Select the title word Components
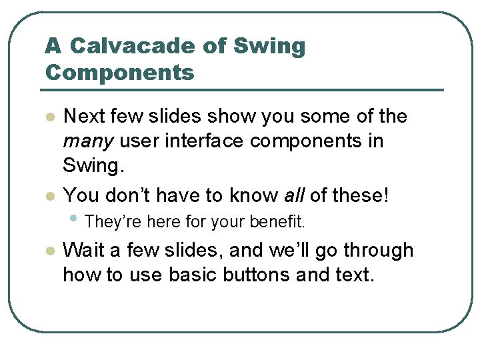click(119, 72)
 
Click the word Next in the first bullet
click(83, 117)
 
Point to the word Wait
click(82, 251)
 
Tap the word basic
click(197, 275)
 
